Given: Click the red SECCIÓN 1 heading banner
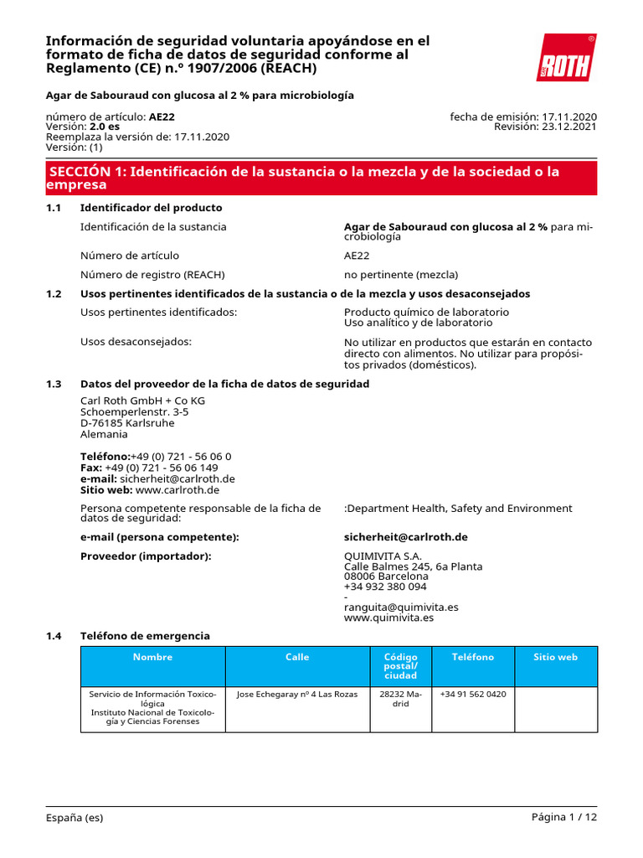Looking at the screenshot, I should point(321,178).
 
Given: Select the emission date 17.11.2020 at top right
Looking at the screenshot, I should point(569,116).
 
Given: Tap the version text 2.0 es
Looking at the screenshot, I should point(105,127).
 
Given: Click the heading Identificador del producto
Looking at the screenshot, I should point(151,208).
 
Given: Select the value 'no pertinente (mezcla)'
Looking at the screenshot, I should point(401,275).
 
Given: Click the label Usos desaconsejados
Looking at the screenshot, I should point(136,342).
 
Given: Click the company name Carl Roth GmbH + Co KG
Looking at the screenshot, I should point(142,401).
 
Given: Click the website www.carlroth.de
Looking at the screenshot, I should point(177,489).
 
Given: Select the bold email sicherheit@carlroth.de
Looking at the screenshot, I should point(405,536).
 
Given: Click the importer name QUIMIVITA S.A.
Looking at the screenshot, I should point(383,556).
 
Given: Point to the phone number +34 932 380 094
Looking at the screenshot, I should point(385,587).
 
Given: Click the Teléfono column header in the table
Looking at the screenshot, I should point(473,658).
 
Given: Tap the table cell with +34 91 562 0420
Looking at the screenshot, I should point(473,695).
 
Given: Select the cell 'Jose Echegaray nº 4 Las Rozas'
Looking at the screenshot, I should point(297,695).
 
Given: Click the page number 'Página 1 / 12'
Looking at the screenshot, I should point(564,817).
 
